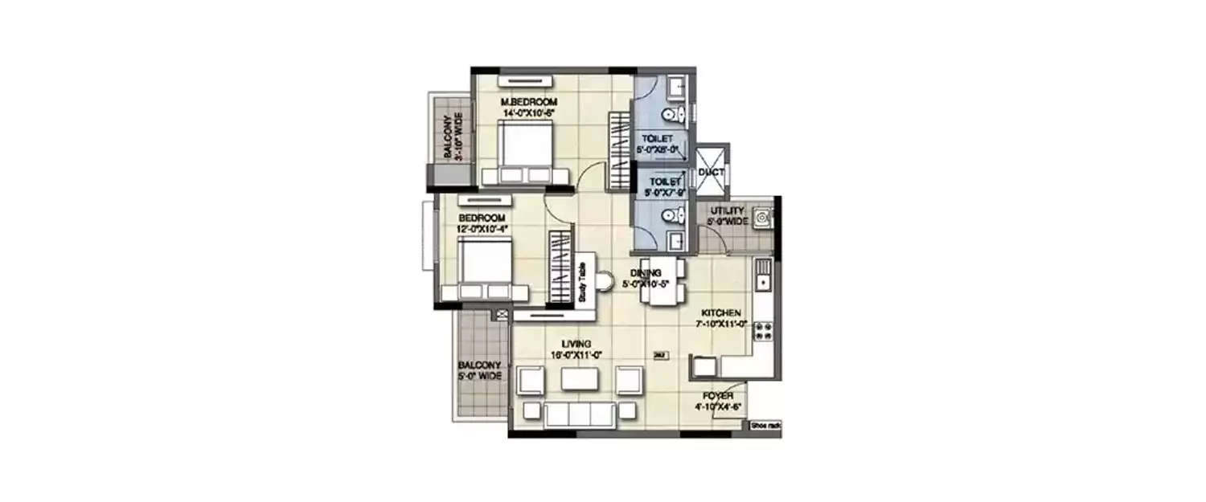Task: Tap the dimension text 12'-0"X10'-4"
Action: tap(482, 230)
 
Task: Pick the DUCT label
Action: tap(711, 172)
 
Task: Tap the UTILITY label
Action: tap(726, 210)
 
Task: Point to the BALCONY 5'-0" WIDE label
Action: tap(482, 369)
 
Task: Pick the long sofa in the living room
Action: tap(580, 414)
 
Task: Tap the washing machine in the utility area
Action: tap(761, 217)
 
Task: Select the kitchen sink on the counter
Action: tap(762, 277)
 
